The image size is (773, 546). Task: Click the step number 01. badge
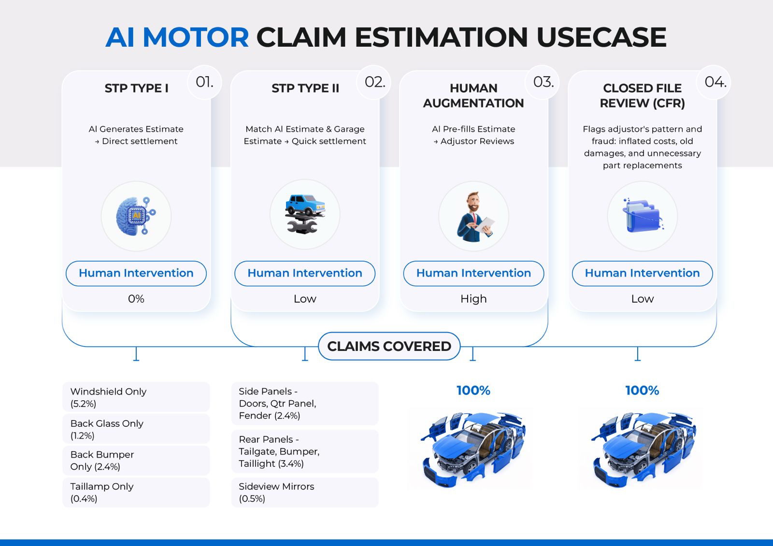tap(204, 83)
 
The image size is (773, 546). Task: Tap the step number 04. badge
tap(715, 83)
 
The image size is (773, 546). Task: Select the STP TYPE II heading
tap(305, 88)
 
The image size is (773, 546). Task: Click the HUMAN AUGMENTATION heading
tap(473, 96)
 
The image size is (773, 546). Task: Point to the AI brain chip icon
tap(136, 216)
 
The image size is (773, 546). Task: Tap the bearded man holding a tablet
tap(474, 217)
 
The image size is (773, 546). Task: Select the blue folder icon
tap(643, 216)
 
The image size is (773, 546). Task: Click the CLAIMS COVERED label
tap(389, 346)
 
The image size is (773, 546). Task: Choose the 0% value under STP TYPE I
tap(136, 299)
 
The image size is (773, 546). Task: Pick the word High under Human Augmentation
tap(473, 299)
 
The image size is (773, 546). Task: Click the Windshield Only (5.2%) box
tap(136, 397)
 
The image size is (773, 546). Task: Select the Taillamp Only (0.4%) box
tap(136, 492)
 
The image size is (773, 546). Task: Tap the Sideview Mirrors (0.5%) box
tap(305, 492)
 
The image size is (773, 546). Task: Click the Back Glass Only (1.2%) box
tap(136, 429)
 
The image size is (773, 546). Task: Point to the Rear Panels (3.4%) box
tap(305, 451)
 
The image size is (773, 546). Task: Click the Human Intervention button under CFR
tap(642, 273)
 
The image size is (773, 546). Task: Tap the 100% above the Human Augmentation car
tap(473, 391)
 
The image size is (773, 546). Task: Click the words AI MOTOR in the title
tap(177, 37)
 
